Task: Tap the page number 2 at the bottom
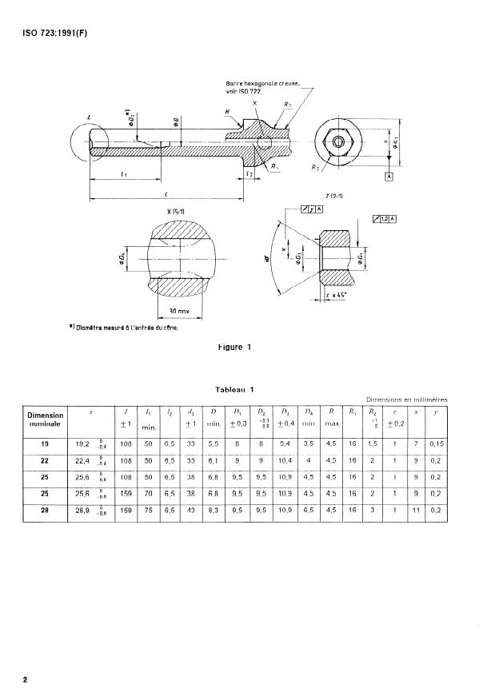[26, 680]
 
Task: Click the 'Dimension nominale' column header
[45, 419]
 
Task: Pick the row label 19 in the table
[45, 443]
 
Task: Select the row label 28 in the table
[45, 510]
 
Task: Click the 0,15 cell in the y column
[435, 443]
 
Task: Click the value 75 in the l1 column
[148, 510]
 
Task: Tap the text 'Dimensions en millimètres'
[406, 400]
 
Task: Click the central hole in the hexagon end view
[339, 141]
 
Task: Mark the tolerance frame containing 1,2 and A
[385, 218]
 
